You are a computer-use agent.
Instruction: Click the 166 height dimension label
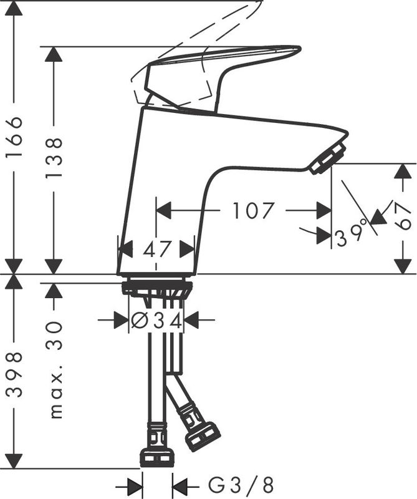click(15, 136)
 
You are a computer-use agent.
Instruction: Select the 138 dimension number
click(54, 158)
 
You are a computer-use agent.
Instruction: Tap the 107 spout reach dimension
click(253, 210)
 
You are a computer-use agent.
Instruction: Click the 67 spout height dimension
click(403, 216)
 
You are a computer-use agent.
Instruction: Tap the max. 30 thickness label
click(54, 370)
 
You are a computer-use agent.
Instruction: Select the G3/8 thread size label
click(241, 485)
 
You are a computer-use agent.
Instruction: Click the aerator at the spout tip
click(328, 158)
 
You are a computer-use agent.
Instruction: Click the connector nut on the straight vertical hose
click(157, 458)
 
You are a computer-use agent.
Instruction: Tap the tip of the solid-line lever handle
click(300, 49)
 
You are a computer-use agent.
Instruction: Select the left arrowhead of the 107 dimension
click(164, 210)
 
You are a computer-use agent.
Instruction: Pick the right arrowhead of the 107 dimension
click(324, 210)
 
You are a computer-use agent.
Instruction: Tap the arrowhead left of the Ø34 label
click(122, 320)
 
